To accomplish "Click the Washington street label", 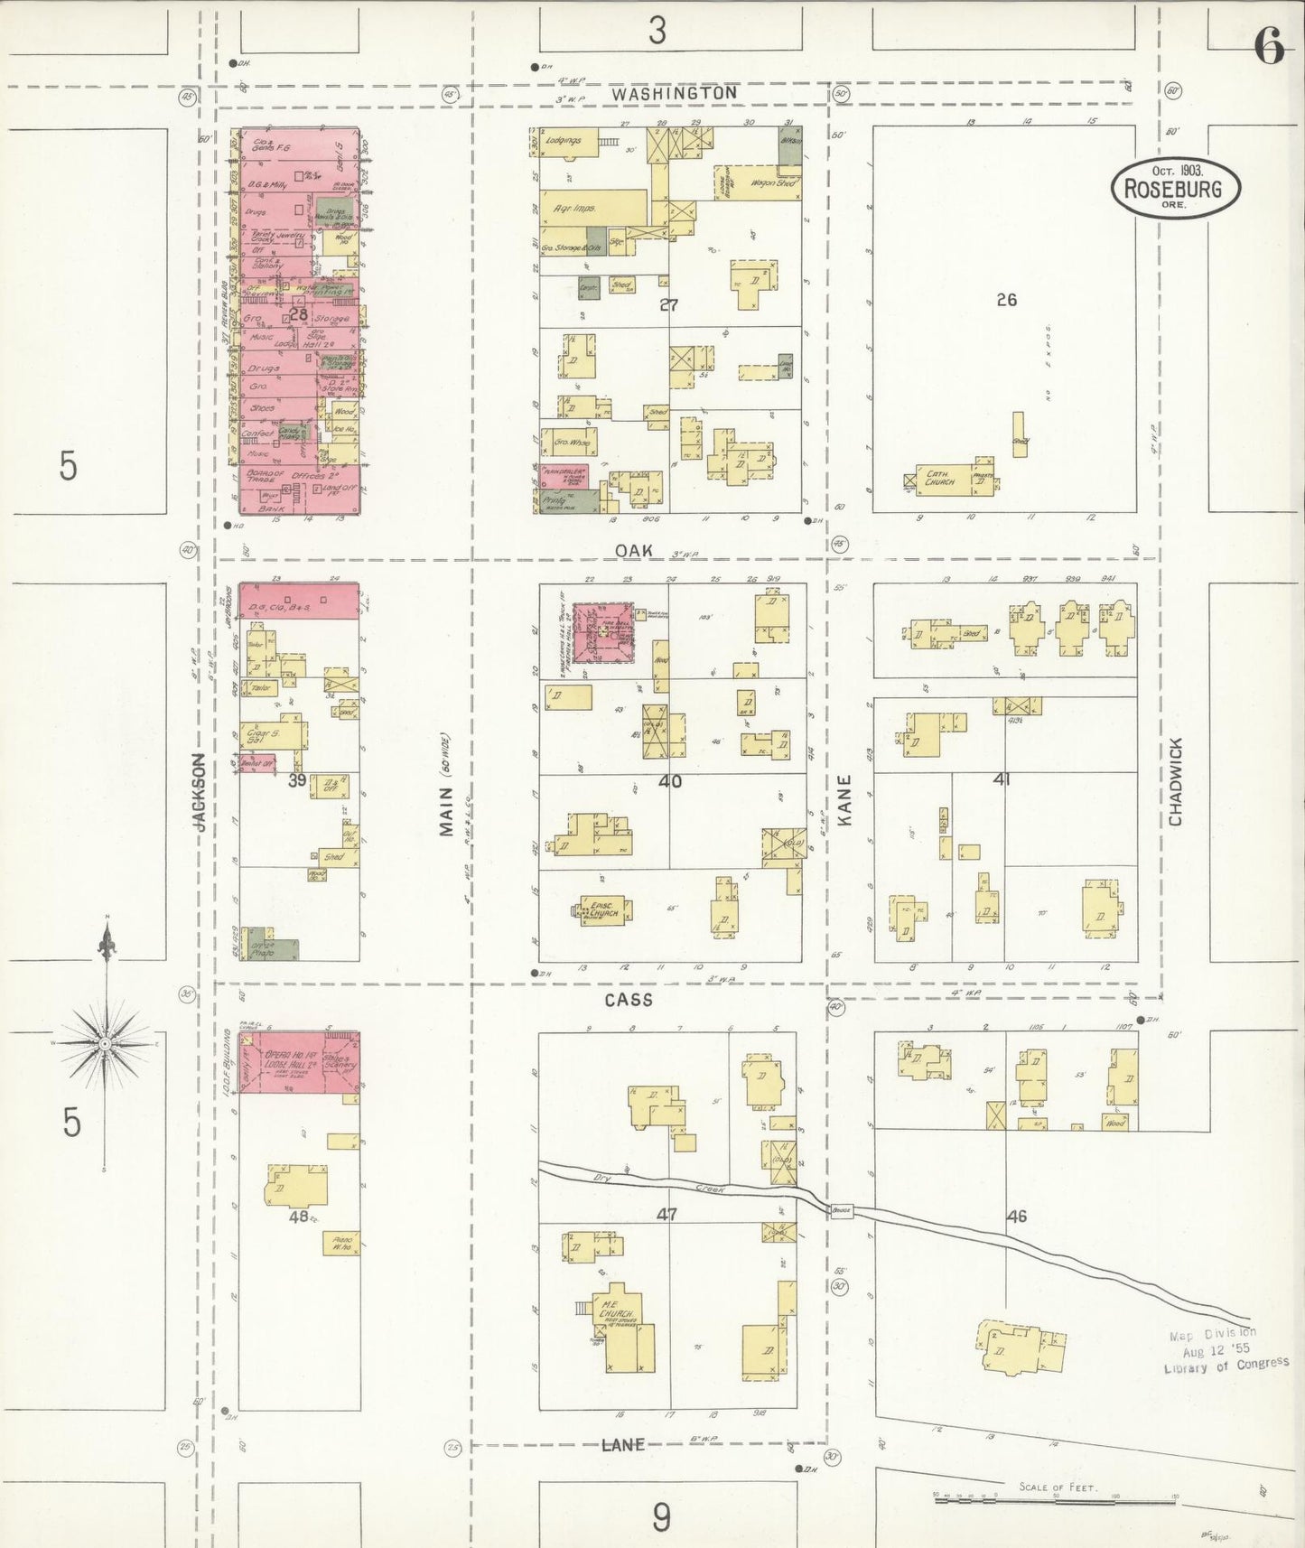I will (x=673, y=93).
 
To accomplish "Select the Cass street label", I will (x=629, y=1000).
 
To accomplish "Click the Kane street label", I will (x=845, y=799).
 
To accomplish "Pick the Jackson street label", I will (x=200, y=792).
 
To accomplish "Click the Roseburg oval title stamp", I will (x=1175, y=188).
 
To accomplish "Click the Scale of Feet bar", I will (x=1056, y=1496).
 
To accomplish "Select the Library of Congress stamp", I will (x=1225, y=1350).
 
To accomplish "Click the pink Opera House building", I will (x=299, y=1063).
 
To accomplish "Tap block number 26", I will (x=1006, y=300).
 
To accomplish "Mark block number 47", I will (x=666, y=1216).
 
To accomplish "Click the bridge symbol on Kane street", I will (x=842, y=1211).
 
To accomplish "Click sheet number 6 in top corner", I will (x=1268, y=47).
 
